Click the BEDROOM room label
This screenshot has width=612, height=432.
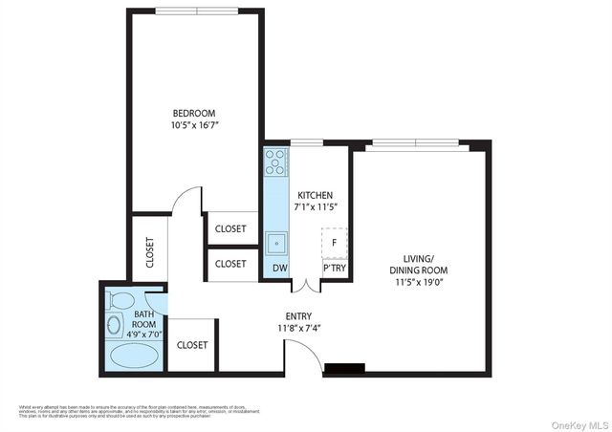[195, 110]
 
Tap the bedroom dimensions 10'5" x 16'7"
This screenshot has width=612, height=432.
[195, 124]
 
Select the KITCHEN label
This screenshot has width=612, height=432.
[316, 195]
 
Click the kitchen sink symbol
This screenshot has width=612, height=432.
[277, 241]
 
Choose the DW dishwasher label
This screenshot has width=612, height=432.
[280, 270]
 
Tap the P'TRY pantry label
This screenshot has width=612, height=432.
[334, 270]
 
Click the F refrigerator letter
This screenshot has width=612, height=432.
[334, 243]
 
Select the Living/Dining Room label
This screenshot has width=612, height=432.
[419, 264]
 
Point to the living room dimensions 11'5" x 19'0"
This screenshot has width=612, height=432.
[419, 283]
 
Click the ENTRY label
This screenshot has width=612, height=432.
[298, 317]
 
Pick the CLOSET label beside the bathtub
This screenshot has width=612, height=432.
[193, 345]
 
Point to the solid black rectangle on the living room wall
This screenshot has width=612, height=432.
[344, 368]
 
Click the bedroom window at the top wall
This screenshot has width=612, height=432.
[198, 11]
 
